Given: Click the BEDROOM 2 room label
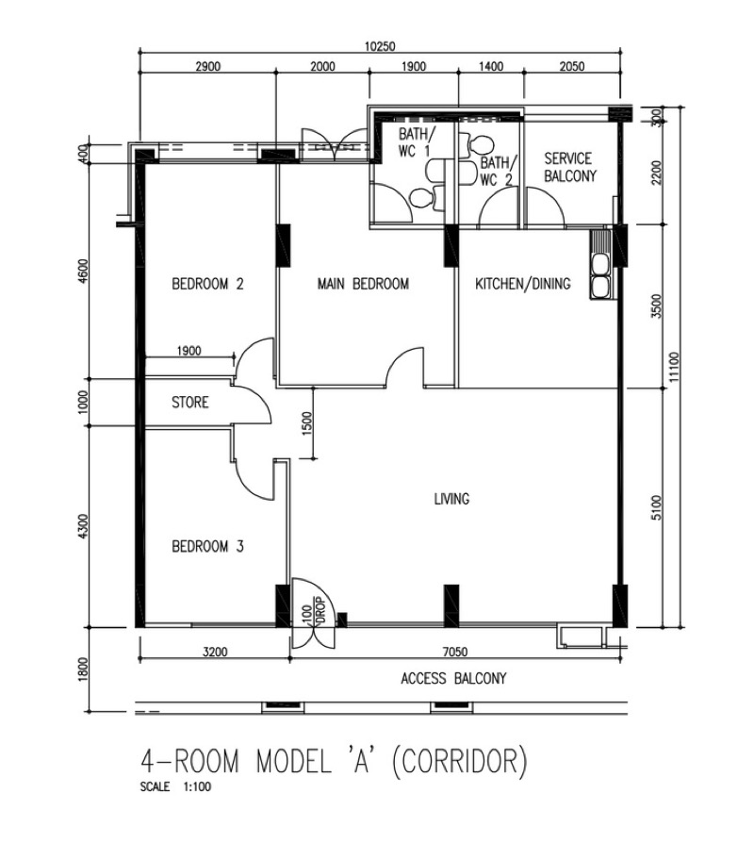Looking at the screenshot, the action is coord(207,283).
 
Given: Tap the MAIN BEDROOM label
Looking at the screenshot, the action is coord(363,283).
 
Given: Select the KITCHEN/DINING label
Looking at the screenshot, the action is coord(523,283).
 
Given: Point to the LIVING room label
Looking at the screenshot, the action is coord(451,499).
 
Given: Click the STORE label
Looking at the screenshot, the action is coord(189,402).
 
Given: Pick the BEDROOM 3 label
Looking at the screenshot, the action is coord(207,547).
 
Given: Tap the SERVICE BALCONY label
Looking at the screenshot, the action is coord(569,167).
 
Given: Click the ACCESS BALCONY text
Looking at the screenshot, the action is coord(453,679).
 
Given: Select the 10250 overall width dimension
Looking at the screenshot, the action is coord(380,46).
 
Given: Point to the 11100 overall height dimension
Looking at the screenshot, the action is coord(675,367).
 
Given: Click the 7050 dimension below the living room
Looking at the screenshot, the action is coord(454,652).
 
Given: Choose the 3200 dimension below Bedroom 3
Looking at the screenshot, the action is coord(215,652).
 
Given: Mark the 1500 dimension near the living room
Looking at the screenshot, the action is coord(306,423).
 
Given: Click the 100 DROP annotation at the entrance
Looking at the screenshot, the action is coord(315,610).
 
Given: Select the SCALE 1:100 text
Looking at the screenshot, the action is coord(175,786).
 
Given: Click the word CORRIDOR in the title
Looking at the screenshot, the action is coord(460,761).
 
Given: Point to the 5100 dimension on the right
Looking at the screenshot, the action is coord(657,507).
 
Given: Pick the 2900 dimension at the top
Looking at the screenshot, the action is coord(207,67).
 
